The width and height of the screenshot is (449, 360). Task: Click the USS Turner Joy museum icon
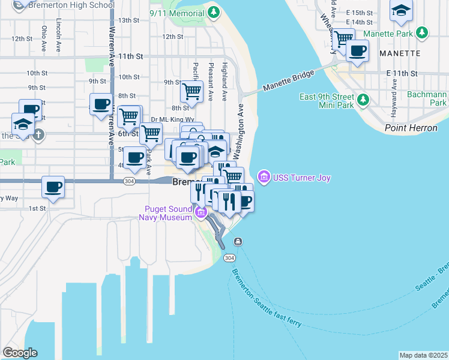[x=263, y=178]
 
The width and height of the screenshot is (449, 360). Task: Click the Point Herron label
[x=411, y=128]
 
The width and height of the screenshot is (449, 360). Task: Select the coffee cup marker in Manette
[x=358, y=51]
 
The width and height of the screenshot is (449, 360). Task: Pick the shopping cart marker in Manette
[x=343, y=38]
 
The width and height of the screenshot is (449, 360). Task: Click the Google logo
[x=20, y=353]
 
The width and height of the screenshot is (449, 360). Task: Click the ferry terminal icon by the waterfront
[x=238, y=242]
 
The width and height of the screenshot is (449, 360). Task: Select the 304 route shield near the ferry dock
[x=229, y=257]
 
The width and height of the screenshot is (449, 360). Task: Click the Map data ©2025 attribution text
[x=423, y=355]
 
